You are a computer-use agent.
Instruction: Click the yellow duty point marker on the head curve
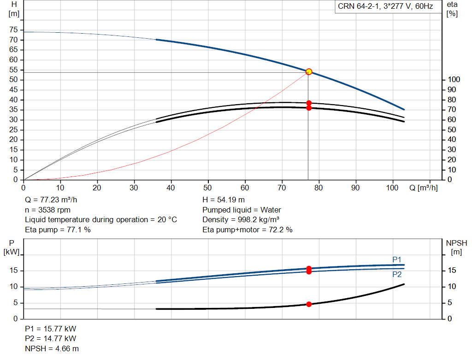(309, 72)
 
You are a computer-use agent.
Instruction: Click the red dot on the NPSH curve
(309, 304)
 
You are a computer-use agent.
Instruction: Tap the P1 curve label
(397, 260)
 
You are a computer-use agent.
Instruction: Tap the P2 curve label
(397, 274)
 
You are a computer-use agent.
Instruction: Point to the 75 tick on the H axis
(13, 30)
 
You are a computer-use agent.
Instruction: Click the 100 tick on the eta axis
(454, 79)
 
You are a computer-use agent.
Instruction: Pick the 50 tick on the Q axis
(207, 188)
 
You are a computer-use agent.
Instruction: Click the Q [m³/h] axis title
(423, 188)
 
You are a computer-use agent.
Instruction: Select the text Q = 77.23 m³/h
(51, 200)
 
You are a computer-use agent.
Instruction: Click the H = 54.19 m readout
(224, 200)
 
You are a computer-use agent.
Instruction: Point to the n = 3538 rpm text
(47, 210)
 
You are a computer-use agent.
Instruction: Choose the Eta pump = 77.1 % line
(58, 230)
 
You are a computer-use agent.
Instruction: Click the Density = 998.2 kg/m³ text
(241, 220)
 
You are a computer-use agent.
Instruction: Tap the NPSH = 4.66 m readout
(52, 348)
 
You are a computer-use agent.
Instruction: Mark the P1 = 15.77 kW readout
(51, 329)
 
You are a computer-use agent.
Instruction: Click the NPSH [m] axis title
(456, 248)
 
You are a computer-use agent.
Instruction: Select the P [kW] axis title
(12, 248)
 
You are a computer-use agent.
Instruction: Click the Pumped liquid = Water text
(242, 210)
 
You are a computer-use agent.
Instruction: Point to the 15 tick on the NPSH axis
(452, 270)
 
